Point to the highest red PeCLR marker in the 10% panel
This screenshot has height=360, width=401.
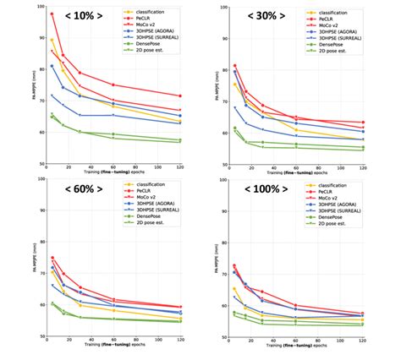pyautogui.click(x=52, y=14)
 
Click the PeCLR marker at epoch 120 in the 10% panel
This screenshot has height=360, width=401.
pyautogui.click(x=179, y=95)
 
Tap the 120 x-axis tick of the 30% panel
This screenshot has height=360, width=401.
pyautogui.click(x=363, y=168)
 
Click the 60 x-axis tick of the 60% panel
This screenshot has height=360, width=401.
pyautogui.click(x=113, y=341)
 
